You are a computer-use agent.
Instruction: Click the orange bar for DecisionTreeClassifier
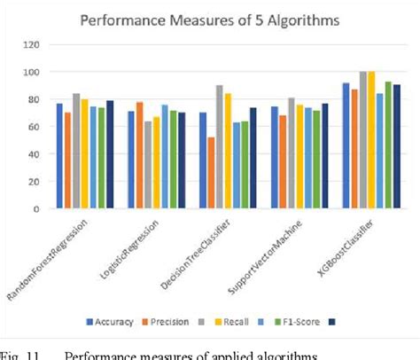tap(211, 173)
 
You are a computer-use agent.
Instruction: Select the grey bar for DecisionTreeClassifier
tap(220, 147)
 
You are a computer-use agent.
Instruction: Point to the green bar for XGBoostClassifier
tap(388, 145)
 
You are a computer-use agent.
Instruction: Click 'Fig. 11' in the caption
tap(21, 355)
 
